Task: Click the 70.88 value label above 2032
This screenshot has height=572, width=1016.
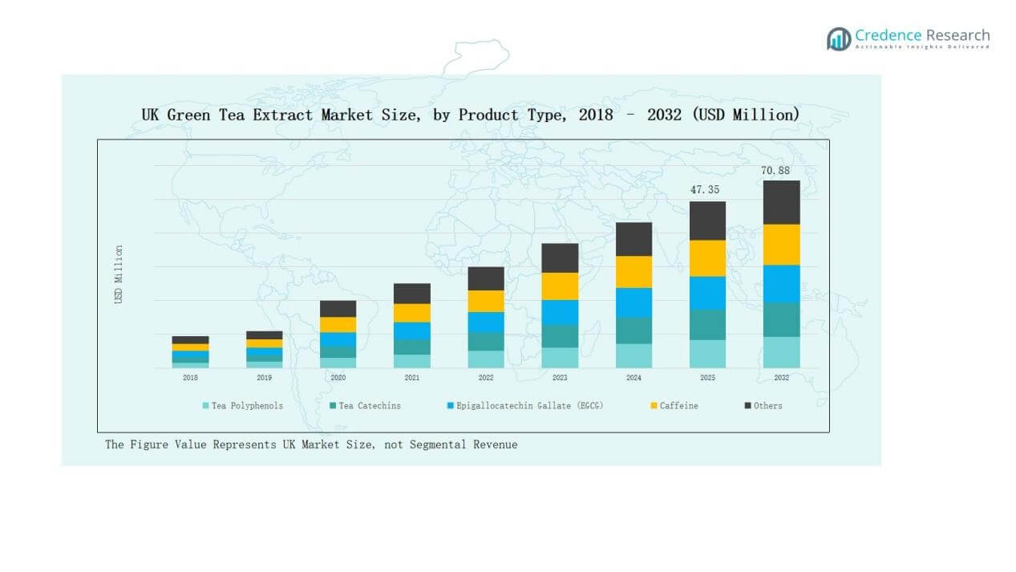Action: pos(775,171)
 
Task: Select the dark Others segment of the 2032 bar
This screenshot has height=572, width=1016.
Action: pos(781,202)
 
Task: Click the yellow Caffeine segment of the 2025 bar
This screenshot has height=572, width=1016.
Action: pos(707,258)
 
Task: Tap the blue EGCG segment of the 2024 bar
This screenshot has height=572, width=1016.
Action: pos(633,302)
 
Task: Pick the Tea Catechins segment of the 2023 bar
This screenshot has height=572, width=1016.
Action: pos(560,336)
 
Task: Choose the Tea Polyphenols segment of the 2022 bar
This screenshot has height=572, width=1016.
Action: pos(486,359)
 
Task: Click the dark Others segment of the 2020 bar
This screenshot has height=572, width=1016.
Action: pos(338,309)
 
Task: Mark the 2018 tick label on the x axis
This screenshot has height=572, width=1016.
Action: pos(190,377)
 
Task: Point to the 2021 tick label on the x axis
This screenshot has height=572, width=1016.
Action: pos(411,377)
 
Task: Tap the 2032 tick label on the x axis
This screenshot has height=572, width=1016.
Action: pos(781,377)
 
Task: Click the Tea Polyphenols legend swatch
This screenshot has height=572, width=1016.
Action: pos(206,406)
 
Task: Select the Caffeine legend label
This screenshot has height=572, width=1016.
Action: pos(678,406)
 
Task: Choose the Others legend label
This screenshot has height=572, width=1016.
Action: pos(767,406)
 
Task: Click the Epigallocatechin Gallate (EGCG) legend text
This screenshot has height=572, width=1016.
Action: pos(529,406)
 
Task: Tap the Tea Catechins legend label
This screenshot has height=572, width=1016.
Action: pos(369,406)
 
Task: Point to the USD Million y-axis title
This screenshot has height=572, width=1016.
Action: pos(119,274)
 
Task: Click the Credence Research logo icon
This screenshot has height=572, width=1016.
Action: pos(839,39)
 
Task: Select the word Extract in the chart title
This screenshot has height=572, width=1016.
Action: pos(285,115)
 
